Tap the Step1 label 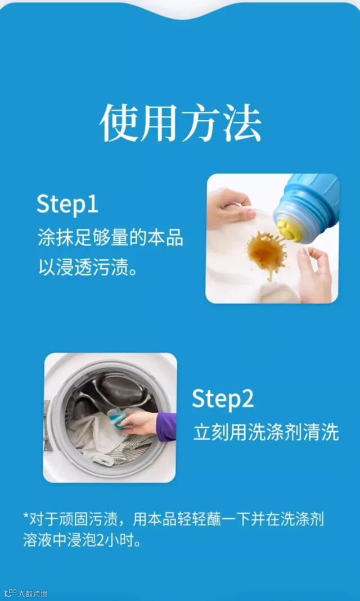[67, 205]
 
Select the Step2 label [223, 399]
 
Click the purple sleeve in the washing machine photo [166, 427]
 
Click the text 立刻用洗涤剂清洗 [266, 432]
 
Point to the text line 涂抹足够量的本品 [110, 238]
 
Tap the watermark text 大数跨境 [33, 594]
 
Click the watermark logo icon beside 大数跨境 [11, 593]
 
